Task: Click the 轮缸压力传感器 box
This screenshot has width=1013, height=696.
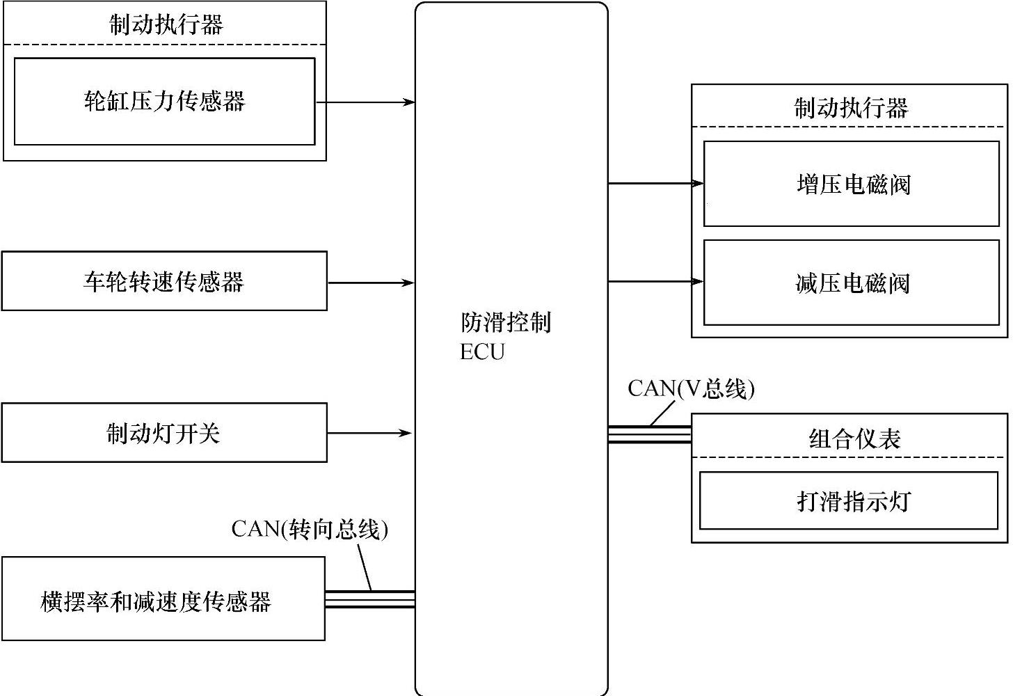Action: pos(164,102)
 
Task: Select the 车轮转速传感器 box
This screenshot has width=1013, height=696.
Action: pos(164,281)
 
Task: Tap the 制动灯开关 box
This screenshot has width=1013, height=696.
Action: pos(164,433)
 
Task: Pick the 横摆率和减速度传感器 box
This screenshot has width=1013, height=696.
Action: pos(163,599)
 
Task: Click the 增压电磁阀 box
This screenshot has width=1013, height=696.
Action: pos(852,184)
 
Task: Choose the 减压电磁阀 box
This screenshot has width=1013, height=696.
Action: pos(852,283)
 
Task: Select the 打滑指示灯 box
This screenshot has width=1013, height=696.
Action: pos(852,501)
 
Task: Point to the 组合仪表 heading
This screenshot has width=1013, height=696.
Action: pos(854,438)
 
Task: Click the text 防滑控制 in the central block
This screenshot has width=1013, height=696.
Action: pos(506,323)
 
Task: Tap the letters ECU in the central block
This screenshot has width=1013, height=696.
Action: pos(482,352)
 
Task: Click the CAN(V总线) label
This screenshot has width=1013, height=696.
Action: pos(691,388)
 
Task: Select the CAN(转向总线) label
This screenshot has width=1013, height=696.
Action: pos(310,529)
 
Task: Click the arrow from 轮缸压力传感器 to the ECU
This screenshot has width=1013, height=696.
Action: pos(365,102)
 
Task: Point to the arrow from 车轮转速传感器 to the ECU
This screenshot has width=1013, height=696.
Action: pos(371,283)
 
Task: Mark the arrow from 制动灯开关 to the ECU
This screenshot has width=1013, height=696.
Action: pos(369,433)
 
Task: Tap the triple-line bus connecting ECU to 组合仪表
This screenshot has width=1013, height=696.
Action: pos(649,434)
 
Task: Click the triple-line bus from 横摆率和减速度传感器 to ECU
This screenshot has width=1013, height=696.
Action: pos(369,599)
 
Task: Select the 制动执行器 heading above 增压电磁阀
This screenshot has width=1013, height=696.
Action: pos(851,108)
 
